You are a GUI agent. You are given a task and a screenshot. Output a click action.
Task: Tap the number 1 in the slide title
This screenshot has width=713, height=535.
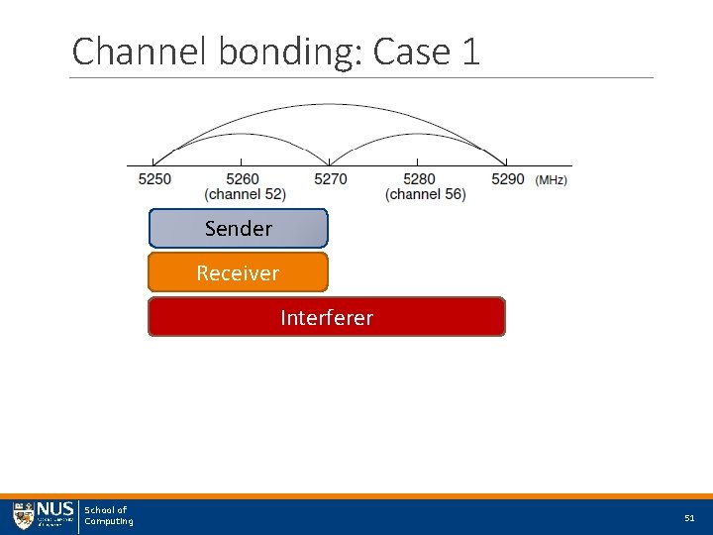pyautogui.click(x=469, y=52)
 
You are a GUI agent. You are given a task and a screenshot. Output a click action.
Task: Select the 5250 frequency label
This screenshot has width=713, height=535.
pyautogui.click(x=154, y=179)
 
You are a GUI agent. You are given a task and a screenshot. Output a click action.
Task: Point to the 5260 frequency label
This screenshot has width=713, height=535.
pyautogui.click(x=243, y=179)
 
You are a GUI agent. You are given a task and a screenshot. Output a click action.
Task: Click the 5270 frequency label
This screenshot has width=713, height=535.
pyautogui.click(x=331, y=179)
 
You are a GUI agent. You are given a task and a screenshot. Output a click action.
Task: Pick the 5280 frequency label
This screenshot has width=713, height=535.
pyautogui.click(x=419, y=179)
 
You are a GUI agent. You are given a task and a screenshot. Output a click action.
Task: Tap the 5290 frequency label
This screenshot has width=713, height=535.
pyautogui.click(x=507, y=179)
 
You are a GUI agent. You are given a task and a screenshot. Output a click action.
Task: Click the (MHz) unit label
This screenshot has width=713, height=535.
pyautogui.click(x=552, y=180)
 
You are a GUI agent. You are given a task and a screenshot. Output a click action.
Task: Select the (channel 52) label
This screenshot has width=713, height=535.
pyautogui.click(x=246, y=194)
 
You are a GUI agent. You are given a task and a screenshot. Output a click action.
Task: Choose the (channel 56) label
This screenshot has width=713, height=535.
pyautogui.click(x=425, y=194)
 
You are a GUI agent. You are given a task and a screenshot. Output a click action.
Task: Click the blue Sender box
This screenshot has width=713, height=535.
pyautogui.click(x=238, y=228)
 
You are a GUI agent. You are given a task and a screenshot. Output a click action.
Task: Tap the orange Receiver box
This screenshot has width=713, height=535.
pyautogui.click(x=238, y=272)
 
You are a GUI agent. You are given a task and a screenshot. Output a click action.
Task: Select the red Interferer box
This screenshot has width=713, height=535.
pyautogui.click(x=327, y=317)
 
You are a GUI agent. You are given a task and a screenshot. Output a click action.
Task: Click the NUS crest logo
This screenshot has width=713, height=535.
pyautogui.click(x=23, y=516)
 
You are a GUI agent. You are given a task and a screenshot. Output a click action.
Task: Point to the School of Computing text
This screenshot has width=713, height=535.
pyautogui.click(x=108, y=516)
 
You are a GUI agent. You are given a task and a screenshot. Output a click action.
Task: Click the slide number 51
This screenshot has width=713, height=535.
pyautogui.click(x=689, y=518)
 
